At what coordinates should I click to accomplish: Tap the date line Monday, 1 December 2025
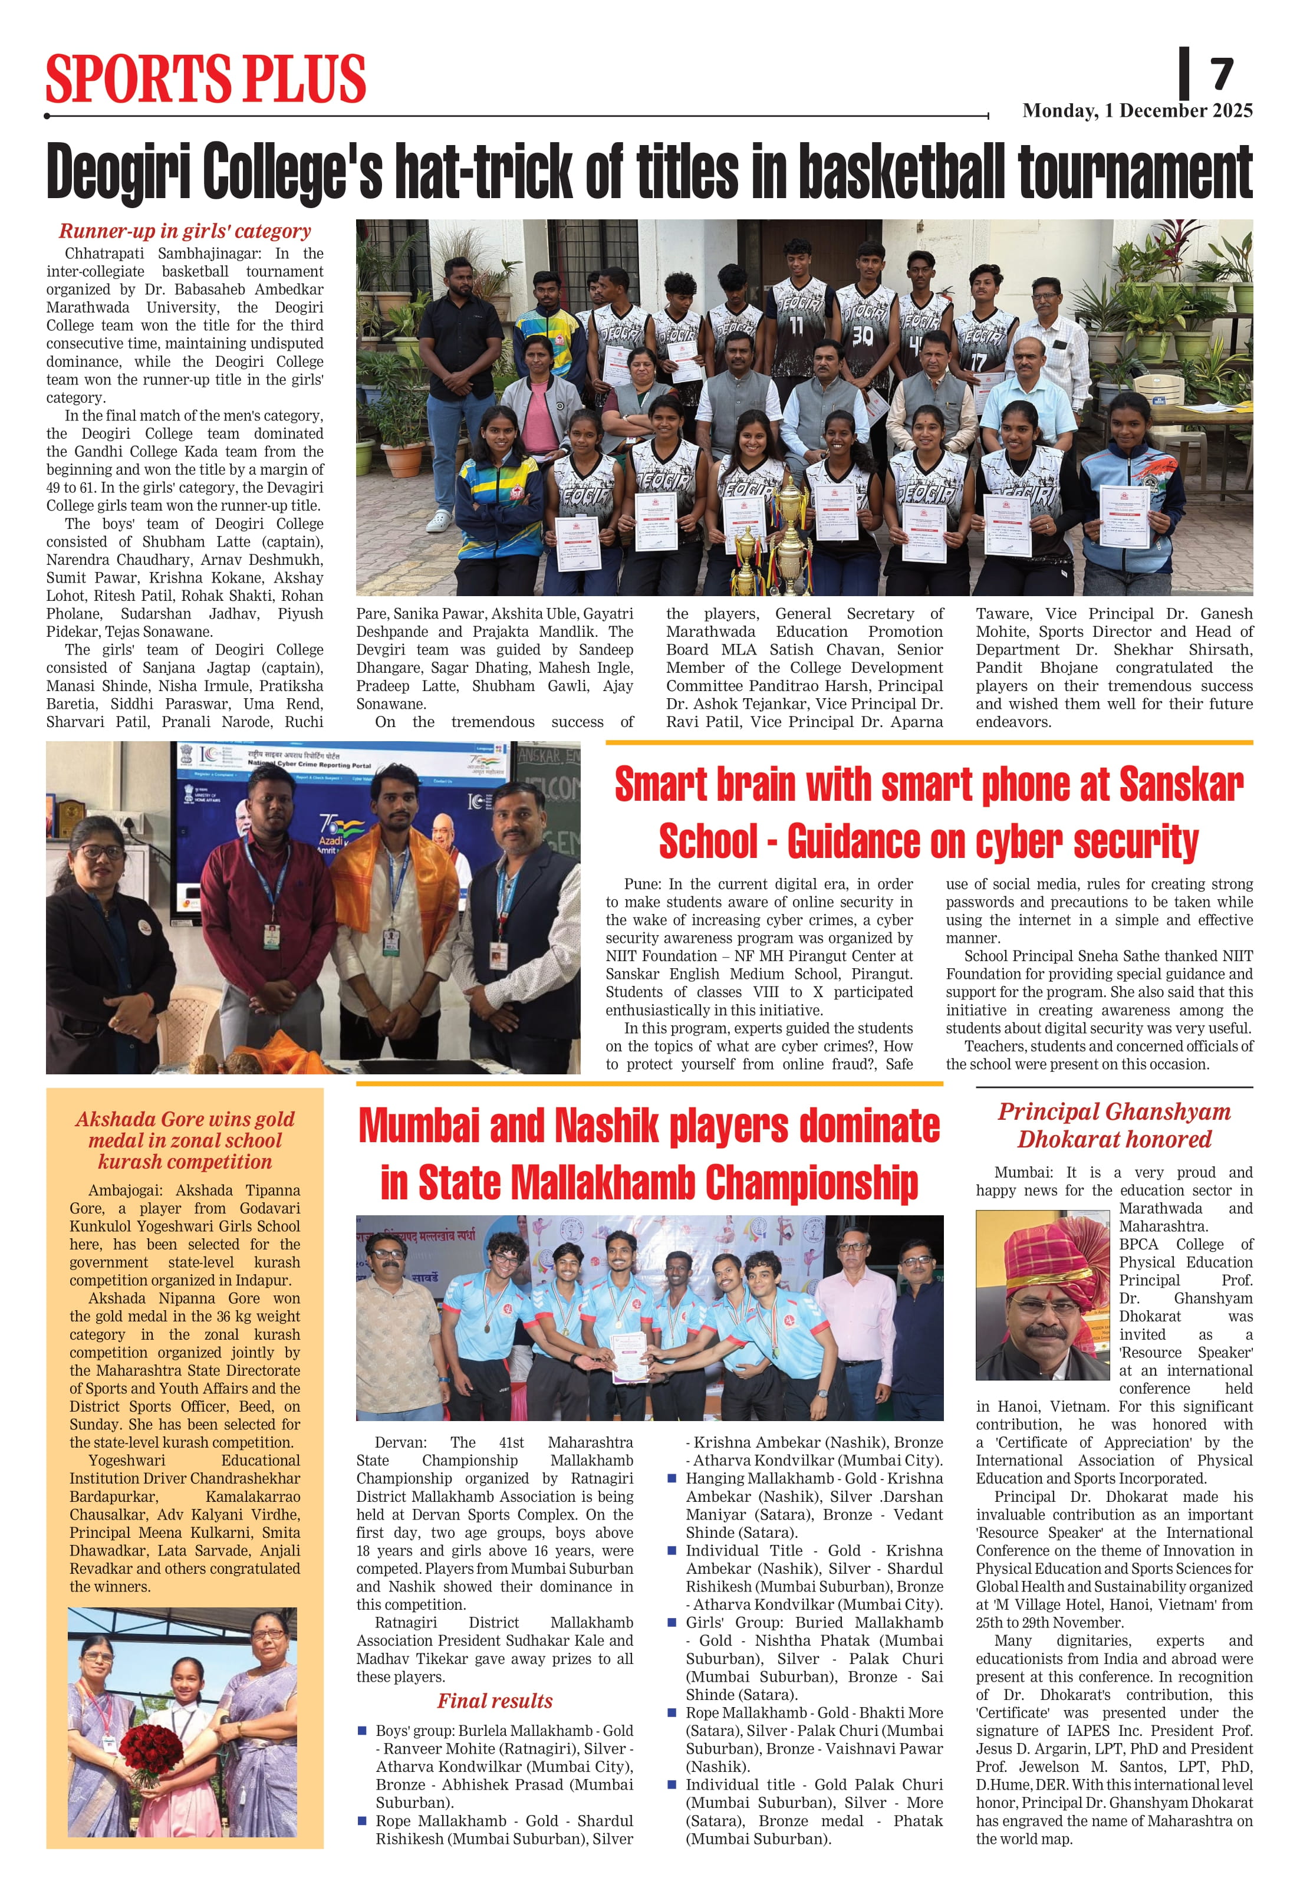pos(1137,111)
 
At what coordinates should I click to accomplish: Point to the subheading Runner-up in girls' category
pos(185,231)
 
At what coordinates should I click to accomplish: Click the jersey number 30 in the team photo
pos(863,334)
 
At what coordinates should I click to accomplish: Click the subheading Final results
pos(495,1701)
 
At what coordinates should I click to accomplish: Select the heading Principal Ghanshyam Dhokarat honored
pos(1114,1125)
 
